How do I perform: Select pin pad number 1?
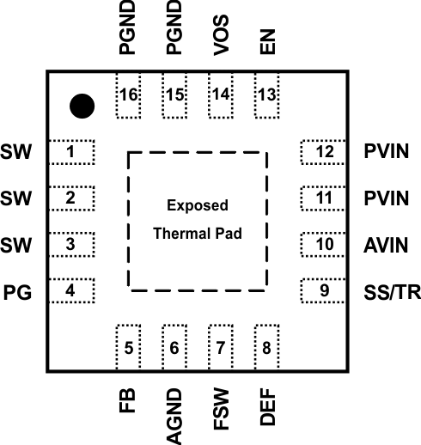click(x=71, y=153)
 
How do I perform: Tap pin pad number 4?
click(x=71, y=290)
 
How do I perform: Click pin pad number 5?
click(x=128, y=348)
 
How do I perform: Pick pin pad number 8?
click(x=267, y=348)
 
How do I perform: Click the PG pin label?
click(x=18, y=292)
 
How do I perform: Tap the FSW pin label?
click(x=221, y=410)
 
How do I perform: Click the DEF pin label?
click(x=267, y=409)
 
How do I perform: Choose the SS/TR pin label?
click(x=391, y=292)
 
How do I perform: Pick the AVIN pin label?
click(x=385, y=245)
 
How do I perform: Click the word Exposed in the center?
click(x=198, y=205)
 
